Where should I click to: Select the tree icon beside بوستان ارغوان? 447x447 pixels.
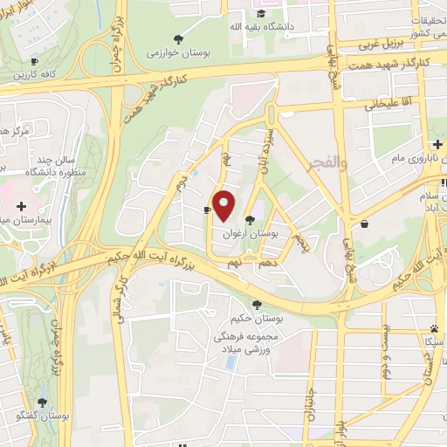click(251, 220)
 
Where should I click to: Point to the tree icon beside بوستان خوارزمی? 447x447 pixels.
click(179, 38)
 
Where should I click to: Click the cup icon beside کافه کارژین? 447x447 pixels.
click(34, 61)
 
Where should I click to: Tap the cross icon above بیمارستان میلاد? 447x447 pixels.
click(21, 205)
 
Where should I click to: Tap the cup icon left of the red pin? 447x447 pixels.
click(206, 210)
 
